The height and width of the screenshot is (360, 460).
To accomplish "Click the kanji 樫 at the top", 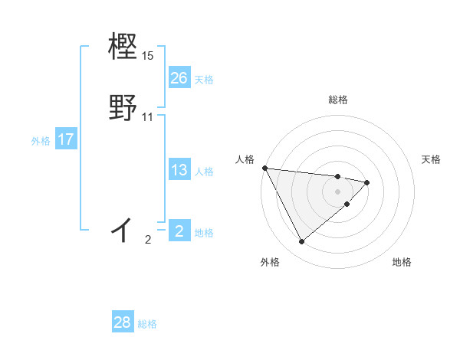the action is tap(123, 47).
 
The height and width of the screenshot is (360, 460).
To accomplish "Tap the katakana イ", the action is tap(123, 229).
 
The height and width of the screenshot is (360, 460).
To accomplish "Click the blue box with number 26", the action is tap(179, 77).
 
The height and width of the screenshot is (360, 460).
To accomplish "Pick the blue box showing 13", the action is tap(179, 170).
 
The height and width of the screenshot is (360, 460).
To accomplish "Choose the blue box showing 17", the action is tap(66, 139).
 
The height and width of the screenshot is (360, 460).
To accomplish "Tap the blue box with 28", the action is tap(123, 322).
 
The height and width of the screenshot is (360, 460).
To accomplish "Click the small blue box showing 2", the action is tap(179, 231).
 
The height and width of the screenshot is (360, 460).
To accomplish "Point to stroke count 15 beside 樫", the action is tap(148, 56).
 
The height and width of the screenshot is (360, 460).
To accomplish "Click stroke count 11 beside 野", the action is tap(148, 117).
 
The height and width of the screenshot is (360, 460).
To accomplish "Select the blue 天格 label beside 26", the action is tap(204, 79).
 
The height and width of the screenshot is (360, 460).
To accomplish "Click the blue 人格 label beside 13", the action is tap(204, 172).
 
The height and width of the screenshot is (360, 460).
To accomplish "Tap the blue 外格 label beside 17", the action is tap(41, 141).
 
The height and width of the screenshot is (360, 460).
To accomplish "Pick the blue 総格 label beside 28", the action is tap(147, 324).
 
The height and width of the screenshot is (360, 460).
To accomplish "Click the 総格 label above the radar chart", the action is tap(338, 100).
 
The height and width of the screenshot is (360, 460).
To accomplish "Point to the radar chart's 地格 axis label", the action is tap(402, 262).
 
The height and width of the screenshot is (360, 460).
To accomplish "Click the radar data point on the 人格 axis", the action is tap(264, 168).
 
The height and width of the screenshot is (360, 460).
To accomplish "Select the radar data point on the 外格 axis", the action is tap(301, 242).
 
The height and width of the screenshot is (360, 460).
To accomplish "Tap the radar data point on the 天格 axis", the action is tap(367, 182).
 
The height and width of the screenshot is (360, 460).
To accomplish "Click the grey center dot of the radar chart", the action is tap(338, 191).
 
